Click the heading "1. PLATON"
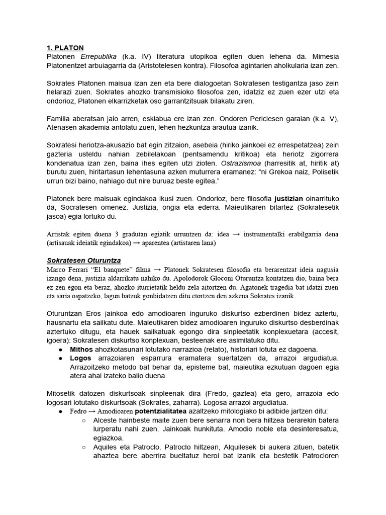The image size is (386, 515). click(66, 48)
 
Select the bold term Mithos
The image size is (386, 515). click(81, 349)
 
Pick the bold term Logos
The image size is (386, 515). click(80, 358)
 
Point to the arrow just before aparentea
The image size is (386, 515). click(136, 243)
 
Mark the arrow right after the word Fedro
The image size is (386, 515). click(92, 411)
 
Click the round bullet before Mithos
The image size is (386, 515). click(61, 349)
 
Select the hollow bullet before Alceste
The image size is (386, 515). click(84, 420)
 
